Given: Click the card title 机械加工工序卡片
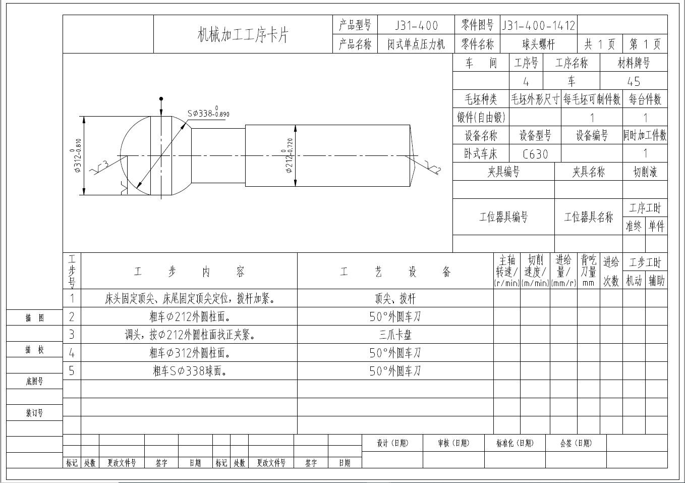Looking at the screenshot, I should point(243,35).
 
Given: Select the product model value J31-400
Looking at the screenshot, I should point(416,26).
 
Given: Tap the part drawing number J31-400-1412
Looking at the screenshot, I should point(538,26).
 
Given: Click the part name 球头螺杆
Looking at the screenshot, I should point(538,44).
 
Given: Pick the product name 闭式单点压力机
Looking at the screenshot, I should point(416,44).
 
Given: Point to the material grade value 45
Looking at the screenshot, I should point(634,81).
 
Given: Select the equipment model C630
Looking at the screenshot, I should point(535,154).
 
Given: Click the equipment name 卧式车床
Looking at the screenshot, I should point(481,153).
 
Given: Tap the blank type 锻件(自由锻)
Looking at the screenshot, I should point(481,118).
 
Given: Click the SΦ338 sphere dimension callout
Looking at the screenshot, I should point(208,113).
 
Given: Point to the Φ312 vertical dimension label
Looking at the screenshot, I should point(78,155).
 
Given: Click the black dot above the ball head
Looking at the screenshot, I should point(161,99).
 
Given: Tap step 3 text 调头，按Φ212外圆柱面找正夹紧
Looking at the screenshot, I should point(189,335).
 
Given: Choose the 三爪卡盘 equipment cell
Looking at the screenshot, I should point(395,335).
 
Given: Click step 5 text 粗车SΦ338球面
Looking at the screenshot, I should point(189,371).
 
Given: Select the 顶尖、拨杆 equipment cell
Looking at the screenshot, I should point(395,298).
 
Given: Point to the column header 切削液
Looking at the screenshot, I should point(645,172).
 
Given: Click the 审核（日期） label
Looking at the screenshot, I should point(453,443).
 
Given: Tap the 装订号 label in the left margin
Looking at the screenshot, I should point(34,413).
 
